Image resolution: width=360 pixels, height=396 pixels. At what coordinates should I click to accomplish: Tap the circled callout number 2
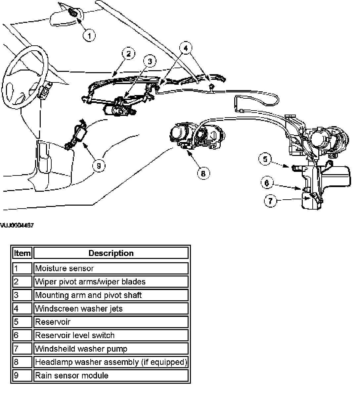pos(128,54)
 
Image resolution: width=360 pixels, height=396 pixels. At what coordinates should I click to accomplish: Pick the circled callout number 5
pos(265,159)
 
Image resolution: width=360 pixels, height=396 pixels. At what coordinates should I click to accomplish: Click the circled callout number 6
pos(267,183)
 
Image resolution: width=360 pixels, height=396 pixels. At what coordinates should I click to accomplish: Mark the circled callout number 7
pos(271,201)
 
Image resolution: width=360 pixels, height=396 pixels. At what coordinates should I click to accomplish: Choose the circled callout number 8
pos(203,173)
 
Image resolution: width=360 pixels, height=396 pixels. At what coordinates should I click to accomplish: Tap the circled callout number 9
pos(99,165)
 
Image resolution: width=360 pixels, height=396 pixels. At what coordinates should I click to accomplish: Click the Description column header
pos(111,253)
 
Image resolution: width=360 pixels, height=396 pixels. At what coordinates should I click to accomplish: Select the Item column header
pos(22,253)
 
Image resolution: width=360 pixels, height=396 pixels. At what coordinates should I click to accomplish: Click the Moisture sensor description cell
pos(111,268)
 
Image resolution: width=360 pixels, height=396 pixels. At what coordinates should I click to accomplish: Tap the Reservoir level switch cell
pos(111,335)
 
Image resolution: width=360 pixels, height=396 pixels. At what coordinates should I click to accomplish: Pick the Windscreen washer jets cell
pos(111,309)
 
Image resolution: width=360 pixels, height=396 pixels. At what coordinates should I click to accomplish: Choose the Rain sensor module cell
pos(111,375)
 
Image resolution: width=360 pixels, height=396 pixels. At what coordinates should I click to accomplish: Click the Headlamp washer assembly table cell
pos(111,362)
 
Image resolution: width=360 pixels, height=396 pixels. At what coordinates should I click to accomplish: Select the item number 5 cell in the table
pos(22,322)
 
